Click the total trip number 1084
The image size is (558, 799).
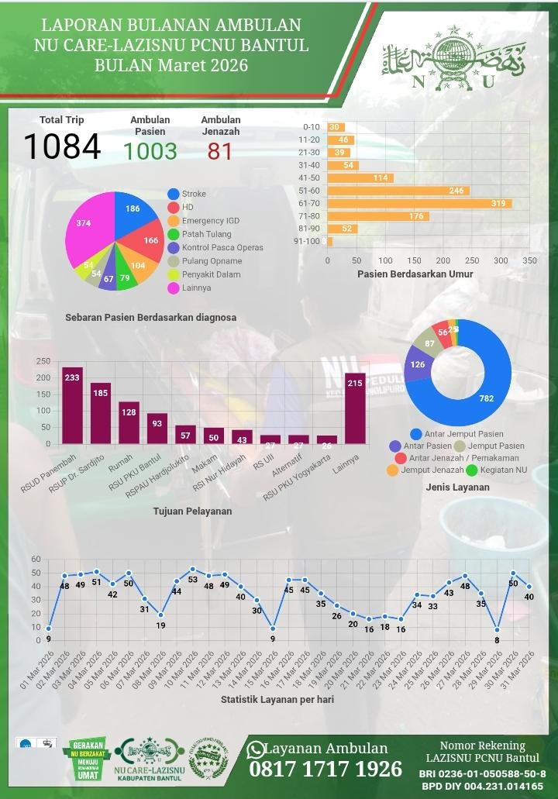(x=62, y=147)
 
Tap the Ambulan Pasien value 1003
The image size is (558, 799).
(x=150, y=151)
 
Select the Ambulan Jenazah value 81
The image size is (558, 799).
(x=220, y=151)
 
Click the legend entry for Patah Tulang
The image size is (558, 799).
(x=205, y=234)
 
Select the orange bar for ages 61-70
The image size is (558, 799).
(x=419, y=203)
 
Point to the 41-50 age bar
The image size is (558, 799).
(x=360, y=177)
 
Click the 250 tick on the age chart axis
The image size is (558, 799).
(x=472, y=260)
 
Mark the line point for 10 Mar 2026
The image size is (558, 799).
(x=193, y=570)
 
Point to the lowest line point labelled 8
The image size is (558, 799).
(x=497, y=630)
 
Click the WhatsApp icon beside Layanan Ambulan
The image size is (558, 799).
(x=255, y=749)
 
